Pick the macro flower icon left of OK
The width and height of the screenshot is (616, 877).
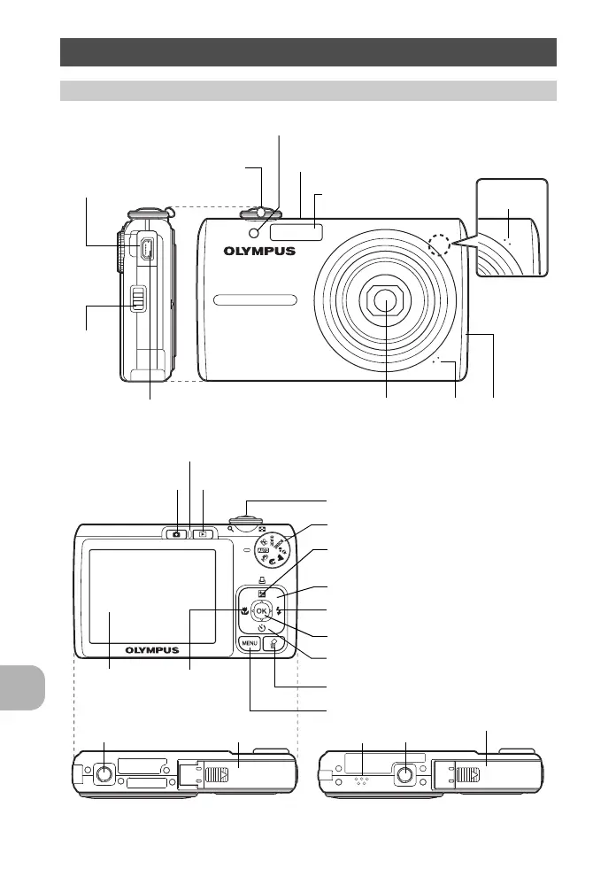[x=242, y=610]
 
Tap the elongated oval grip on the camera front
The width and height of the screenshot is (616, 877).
[x=254, y=301]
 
